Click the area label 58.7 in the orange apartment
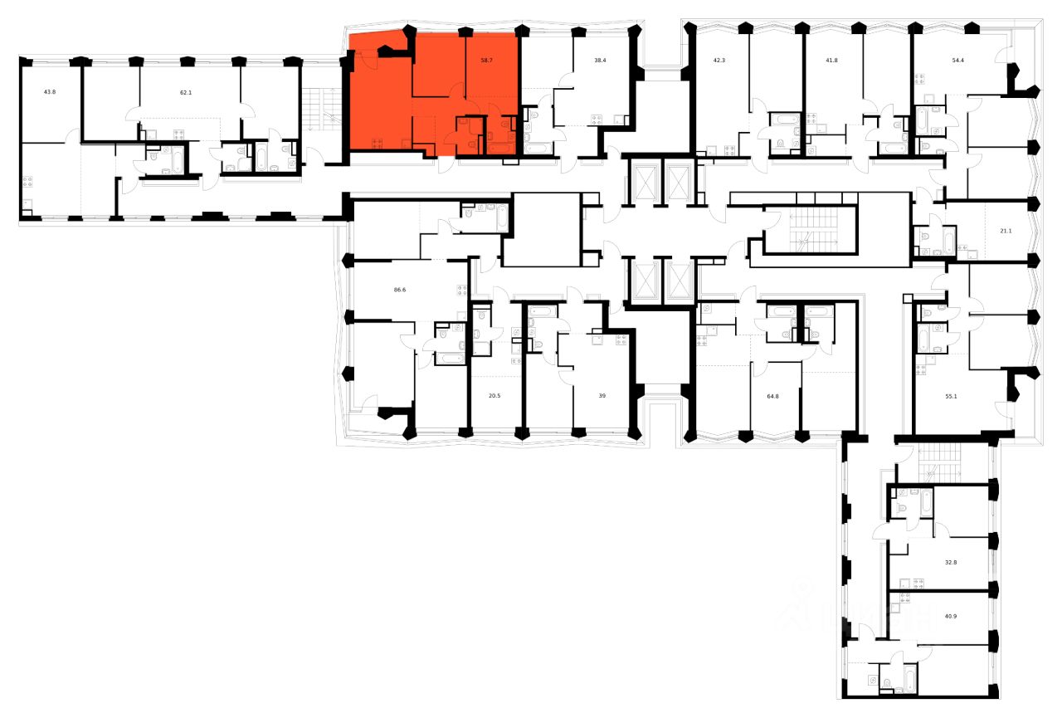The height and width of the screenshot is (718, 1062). pos(487,61)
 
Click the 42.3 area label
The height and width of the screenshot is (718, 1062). pos(719,61)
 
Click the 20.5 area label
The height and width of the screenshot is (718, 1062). pos(494,396)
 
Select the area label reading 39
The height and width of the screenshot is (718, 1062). pos(602,396)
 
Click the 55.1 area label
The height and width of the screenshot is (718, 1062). pos(950,396)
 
